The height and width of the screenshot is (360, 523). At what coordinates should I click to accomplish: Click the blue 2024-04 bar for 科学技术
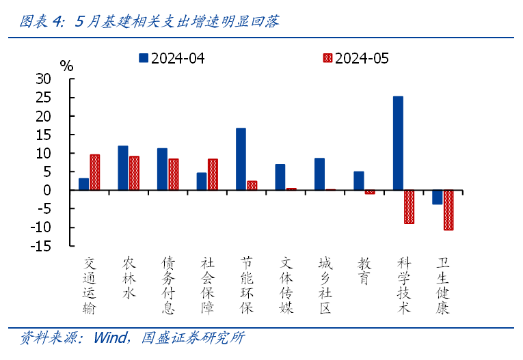click(398, 143)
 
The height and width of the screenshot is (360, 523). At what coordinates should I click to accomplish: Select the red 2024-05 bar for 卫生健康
click(448, 210)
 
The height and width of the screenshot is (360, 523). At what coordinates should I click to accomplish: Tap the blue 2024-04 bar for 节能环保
click(241, 158)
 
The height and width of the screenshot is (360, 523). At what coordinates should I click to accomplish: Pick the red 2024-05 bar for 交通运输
click(94, 172)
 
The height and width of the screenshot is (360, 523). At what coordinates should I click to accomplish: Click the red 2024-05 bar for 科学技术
click(409, 206)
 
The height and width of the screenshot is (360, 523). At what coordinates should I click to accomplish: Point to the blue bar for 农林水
click(123, 167)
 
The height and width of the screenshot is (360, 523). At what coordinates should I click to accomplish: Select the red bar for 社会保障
click(213, 174)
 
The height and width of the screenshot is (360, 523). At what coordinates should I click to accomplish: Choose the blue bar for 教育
click(359, 180)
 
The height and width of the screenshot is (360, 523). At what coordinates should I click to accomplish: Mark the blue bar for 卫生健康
click(438, 197)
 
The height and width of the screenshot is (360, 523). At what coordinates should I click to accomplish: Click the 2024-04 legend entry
click(171, 58)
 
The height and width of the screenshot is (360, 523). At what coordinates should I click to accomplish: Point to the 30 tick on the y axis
click(43, 79)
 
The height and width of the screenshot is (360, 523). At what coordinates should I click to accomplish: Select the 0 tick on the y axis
click(47, 191)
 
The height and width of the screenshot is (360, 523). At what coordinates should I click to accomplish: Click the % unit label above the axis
click(66, 66)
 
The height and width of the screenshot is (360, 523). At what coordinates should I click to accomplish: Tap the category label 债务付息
click(168, 285)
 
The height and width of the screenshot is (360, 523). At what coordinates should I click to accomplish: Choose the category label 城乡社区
click(325, 285)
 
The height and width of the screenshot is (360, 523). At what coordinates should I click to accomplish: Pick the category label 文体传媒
click(286, 285)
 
